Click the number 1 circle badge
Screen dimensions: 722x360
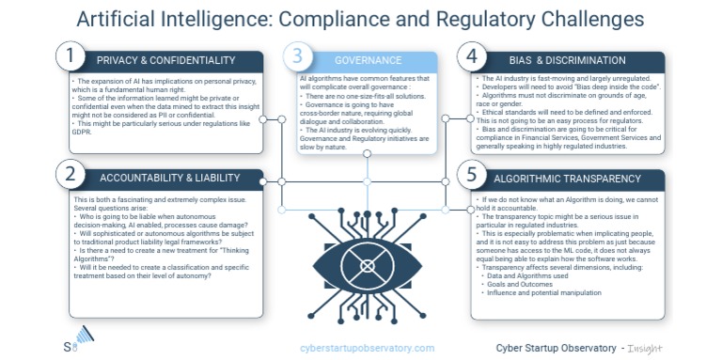pyautogui.click(x=69, y=58)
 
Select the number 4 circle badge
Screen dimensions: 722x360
pyautogui.click(x=472, y=58)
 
